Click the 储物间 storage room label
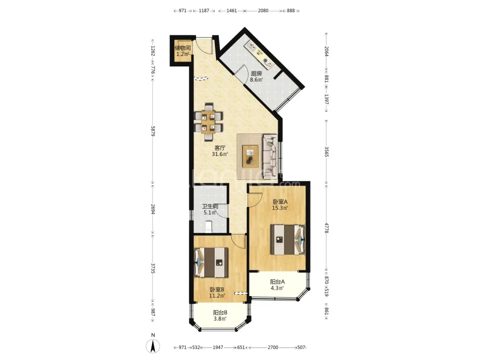click(x=183, y=48)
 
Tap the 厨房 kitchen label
click(x=256, y=73)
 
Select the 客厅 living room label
click(x=220, y=148)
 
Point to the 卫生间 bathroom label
click(x=210, y=206)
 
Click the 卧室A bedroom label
click(x=280, y=202)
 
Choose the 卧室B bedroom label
click(x=217, y=289)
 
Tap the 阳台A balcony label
click(x=277, y=282)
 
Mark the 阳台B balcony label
click(x=220, y=312)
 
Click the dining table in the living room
click(x=208, y=122)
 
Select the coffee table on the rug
click(x=250, y=156)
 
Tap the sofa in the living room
click(x=270, y=156)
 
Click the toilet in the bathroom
click(x=208, y=226)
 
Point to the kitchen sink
click(x=252, y=47)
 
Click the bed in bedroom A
click(x=288, y=240)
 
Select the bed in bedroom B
click(x=211, y=262)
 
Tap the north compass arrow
click(x=153, y=346)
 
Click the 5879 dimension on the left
click(x=153, y=132)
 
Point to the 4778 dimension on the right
click(x=327, y=228)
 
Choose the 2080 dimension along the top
click(x=263, y=11)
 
